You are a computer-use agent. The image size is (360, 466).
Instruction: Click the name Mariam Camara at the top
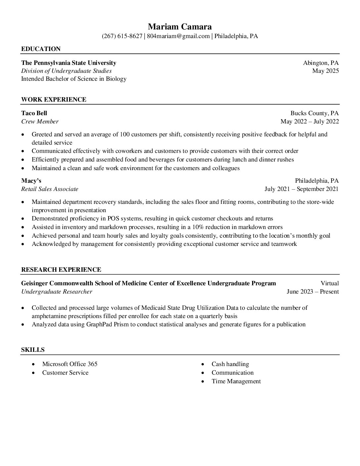click(180, 26)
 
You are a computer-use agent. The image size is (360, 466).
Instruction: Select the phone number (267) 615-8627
click(122, 36)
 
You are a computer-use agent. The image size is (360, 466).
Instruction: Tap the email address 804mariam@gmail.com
click(178, 36)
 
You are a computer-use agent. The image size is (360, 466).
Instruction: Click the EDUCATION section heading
click(41, 49)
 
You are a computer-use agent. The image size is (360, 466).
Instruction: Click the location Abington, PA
click(321, 63)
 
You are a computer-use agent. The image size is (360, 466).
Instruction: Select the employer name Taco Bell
click(34, 113)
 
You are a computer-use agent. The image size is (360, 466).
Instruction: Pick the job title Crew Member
click(40, 121)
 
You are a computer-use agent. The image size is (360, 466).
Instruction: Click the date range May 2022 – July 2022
click(309, 121)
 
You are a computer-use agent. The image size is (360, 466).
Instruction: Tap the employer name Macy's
click(31, 181)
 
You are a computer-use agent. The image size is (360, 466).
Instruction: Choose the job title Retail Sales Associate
click(50, 189)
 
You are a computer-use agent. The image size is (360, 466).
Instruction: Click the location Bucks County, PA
click(314, 113)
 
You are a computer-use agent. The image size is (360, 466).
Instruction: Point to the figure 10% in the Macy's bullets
click(198, 227)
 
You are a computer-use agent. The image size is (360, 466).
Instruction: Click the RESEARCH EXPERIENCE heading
click(61, 270)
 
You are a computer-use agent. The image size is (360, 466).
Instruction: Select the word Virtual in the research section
click(330, 283)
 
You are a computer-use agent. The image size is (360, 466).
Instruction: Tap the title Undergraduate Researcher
click(57, 292)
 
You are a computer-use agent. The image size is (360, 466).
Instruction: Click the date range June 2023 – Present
click(312, 292)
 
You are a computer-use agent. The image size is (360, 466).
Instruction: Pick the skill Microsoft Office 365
click(70, 364)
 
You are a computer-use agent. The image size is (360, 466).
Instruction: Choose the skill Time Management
click(236, 381)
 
